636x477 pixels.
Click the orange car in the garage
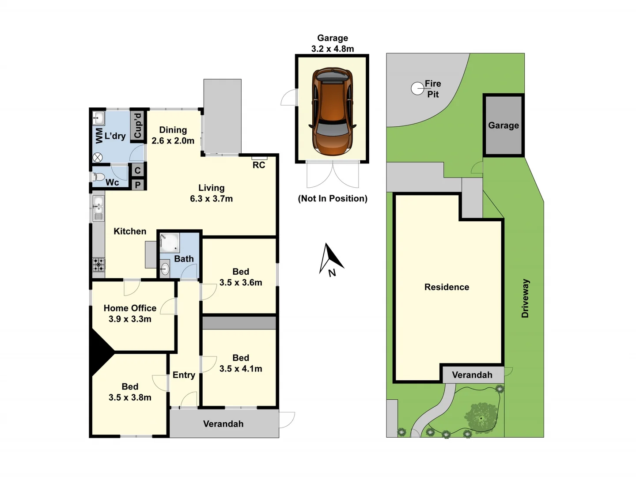point(332,111)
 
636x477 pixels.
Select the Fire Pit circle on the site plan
point(417,89)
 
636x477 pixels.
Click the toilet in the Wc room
point(98,177)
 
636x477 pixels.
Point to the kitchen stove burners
point(98,265)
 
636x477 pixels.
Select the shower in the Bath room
point(169,242)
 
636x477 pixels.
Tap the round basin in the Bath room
point(165,268)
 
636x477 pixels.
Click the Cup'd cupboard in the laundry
point(138,125)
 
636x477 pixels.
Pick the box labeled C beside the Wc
point(138,170)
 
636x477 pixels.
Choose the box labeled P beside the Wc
point(138,185)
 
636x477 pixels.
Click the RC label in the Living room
point(259,165)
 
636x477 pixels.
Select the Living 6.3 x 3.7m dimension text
point(211,199)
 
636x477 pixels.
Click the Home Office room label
point(130,308)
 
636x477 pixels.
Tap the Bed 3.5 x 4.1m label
point(241,363)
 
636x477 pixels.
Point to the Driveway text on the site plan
point(525,298)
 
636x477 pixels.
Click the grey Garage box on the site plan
point(503,125)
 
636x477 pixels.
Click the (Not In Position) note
point(333,198)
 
